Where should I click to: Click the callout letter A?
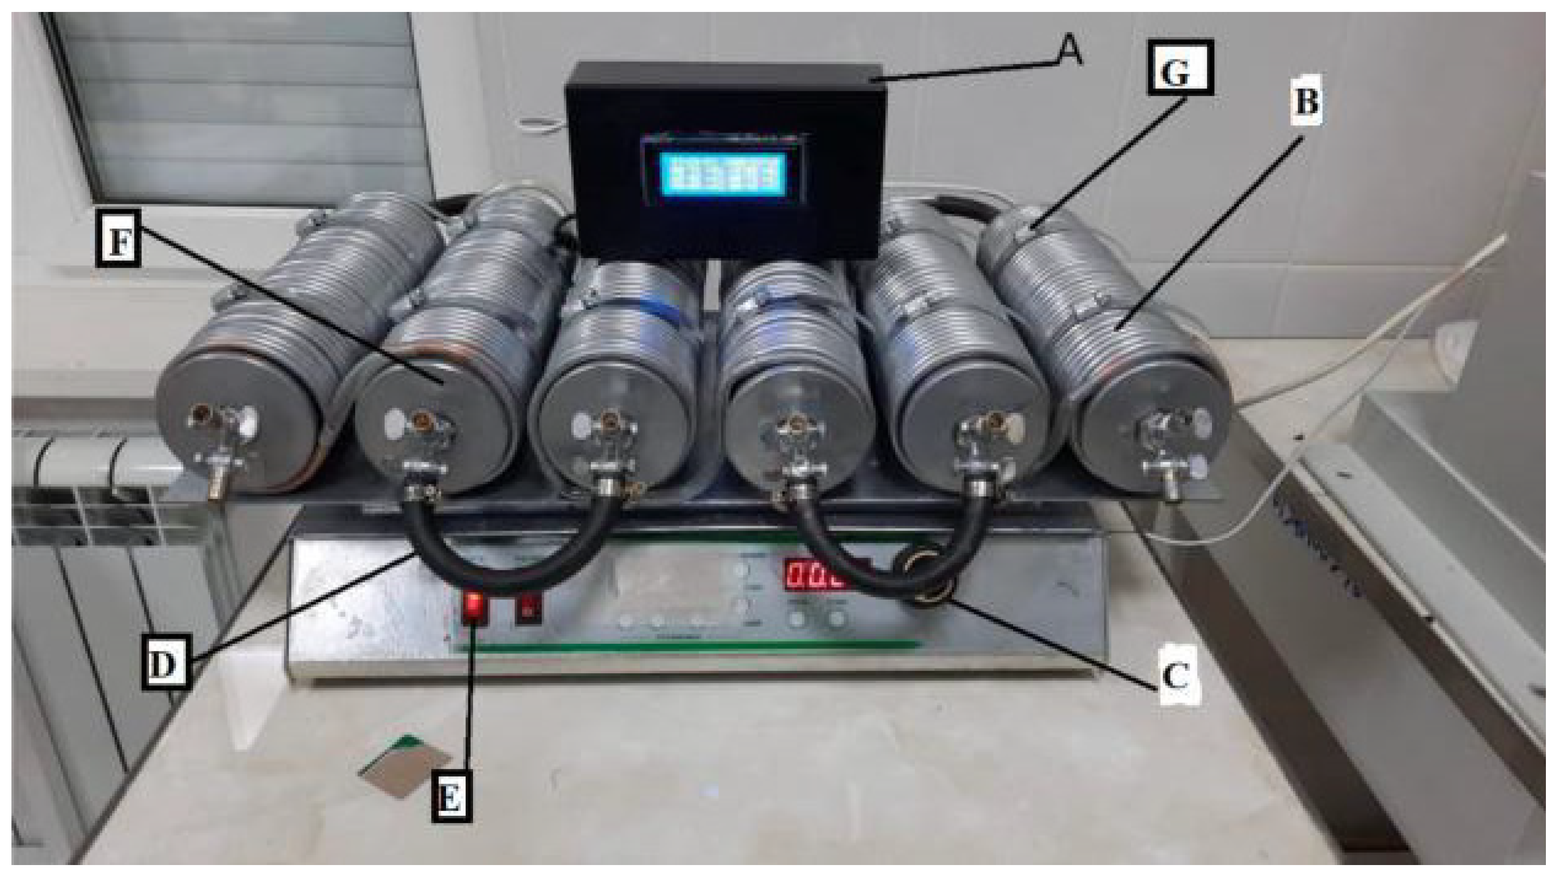click(1068, 54)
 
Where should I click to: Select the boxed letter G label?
click(1180, 68)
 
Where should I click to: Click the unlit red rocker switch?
click(528, 608)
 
